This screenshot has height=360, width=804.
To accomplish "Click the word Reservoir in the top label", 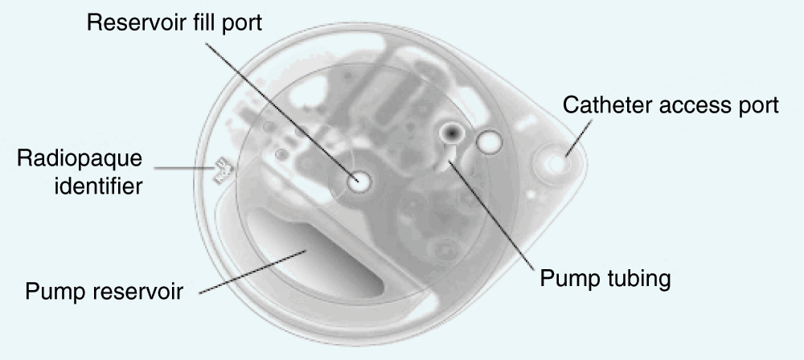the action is point(138,23).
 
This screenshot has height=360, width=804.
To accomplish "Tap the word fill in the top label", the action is point(205,22).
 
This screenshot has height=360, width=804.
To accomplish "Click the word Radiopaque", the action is point(80,159).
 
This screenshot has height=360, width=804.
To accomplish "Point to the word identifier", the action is point(98,185).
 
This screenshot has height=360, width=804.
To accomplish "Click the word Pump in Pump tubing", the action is point(569,280).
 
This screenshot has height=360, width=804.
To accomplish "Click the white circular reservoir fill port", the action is point(358,181).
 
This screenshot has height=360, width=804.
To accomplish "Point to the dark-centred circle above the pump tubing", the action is point(452,133).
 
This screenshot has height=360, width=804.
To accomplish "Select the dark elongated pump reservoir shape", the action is point(315,252).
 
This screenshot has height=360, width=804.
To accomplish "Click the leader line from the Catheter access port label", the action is point(579,137).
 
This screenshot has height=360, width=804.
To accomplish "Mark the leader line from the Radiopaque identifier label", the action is point(184,168).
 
